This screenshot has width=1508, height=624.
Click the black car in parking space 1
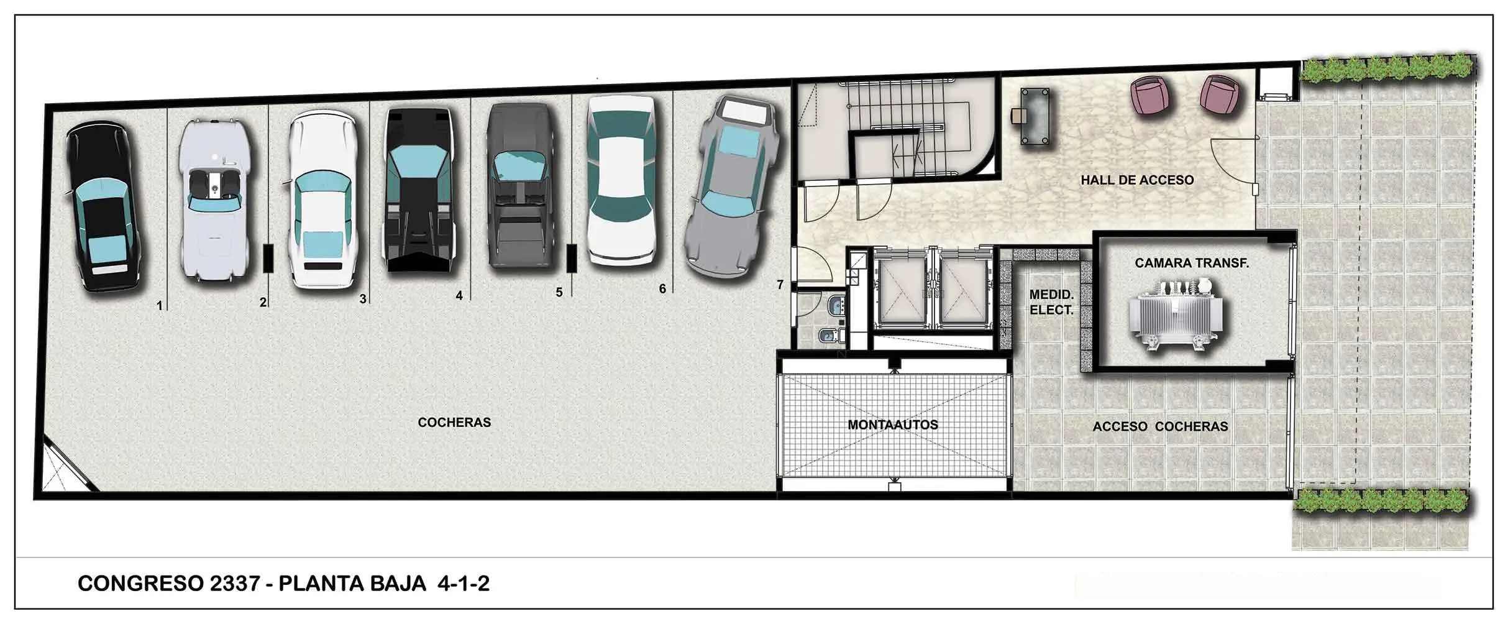pos(105,207)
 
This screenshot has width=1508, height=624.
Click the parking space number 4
pos(459,296)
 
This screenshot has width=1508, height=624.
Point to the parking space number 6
pos(662,289)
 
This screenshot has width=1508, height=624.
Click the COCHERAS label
pos(454,423)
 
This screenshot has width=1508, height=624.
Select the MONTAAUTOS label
pos(893,425)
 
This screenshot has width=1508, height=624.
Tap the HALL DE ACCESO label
pos(1137,180)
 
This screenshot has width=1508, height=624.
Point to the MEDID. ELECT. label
pos(1051,301)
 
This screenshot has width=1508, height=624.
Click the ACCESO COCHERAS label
pos(1160,427)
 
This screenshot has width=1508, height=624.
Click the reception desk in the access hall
pos(1038,117)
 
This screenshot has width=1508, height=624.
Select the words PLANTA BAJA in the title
pos(352,584)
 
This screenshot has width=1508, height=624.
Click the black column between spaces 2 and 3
pos(268,258)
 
